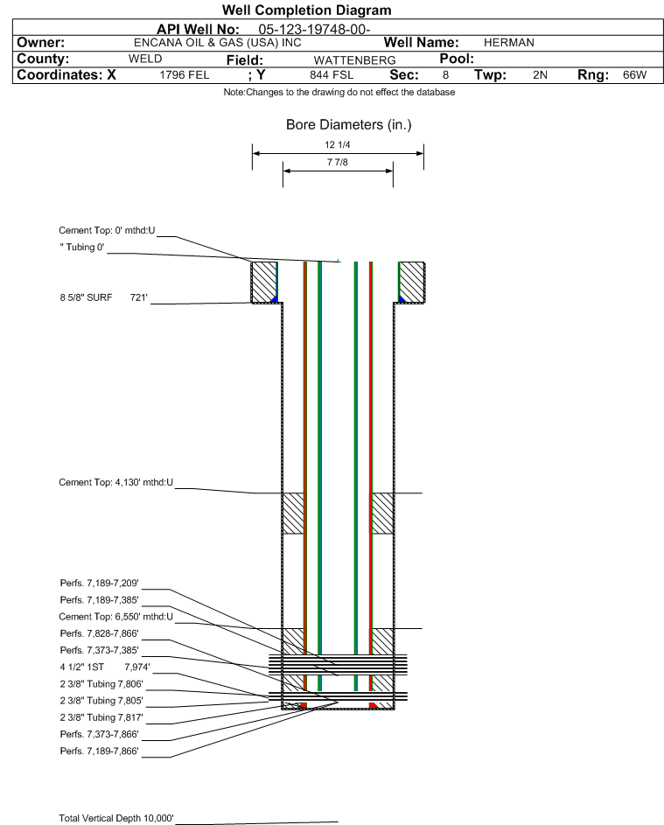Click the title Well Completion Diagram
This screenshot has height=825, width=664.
coord(306,10)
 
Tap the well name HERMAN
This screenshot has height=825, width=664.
coord(508,43)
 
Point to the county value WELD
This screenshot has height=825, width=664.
coord(144,59)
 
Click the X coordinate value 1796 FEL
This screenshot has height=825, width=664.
coord(185,76)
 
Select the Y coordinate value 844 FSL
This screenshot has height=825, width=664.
coord(331,76)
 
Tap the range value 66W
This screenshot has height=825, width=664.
coord(634,76)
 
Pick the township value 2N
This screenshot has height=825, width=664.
coord(540,76)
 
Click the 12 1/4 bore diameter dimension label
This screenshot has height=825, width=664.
coord(337,146)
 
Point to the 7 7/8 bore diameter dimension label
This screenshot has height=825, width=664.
coord(337,163)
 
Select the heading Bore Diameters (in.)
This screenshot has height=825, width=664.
coord(348,125)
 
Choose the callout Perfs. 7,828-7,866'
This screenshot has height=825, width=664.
coord(99,633)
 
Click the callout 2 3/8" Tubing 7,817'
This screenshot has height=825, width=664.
coord(101,717)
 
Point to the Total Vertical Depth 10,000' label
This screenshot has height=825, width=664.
coord(116,818)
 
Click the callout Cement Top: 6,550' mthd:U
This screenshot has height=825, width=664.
coord(115,617)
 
